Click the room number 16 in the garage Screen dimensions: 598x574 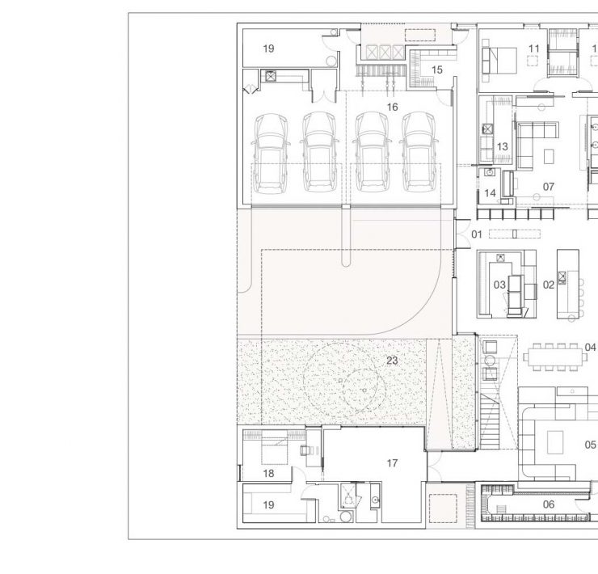coord(393,108)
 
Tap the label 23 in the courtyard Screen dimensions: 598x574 coord(392,361)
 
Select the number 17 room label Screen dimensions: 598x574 coord(392,463)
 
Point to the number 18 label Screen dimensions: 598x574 coord(268,474)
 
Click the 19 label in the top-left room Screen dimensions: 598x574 coord(268,49)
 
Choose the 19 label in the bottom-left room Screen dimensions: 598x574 coord(268,505)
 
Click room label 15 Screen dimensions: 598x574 coord(437,70)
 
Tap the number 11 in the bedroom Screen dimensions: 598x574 coord(534,49)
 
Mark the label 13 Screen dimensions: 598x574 coord(503,146)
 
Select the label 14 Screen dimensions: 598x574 coord(490,193)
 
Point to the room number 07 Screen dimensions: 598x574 coord(549,187)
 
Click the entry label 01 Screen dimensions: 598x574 coord(477,234)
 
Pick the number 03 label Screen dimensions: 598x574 coord(499,285)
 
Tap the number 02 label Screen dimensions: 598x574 coord(549,285)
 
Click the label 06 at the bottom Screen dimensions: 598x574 coord(549,504)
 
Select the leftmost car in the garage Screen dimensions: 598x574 coord(271,154)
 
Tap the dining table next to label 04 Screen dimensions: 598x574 coord(555,357)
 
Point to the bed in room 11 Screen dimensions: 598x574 coord(499,61)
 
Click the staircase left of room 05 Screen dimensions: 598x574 coord(489,421)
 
